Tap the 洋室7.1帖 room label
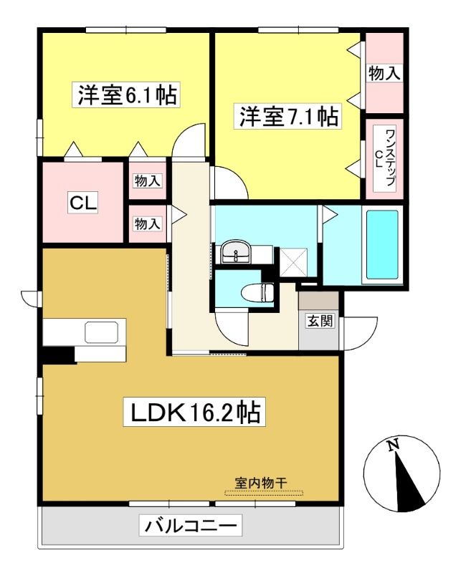point(288,116)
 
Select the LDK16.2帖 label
point(195,413)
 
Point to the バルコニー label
point(191,526)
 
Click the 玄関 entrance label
point(320,321)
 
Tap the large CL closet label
point(83,203)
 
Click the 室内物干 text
point(261,483)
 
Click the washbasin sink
point(236,251)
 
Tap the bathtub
point(382,244)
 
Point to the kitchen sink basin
point(102,332)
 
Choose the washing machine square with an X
point(294,262)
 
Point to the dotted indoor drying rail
point(264,493)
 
